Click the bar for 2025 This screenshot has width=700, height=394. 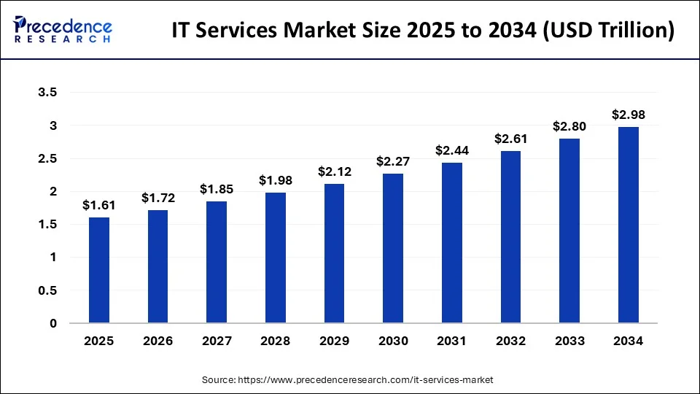coord(99,270)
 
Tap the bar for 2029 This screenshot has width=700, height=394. coord(335,253)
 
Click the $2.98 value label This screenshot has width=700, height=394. coord(629,115)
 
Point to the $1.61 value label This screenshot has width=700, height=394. coord(99,205)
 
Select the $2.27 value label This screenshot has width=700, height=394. coord(393,161)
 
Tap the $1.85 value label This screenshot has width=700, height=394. coord(217,189)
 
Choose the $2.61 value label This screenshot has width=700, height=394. coord(510,139)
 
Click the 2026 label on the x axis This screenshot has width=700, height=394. coord(158,341)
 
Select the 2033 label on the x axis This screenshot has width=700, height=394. coord(569,341)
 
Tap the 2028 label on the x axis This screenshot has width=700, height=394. coord(276,341)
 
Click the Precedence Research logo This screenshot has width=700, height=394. coord(63,29)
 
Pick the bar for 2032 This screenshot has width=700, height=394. coord(510,237)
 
